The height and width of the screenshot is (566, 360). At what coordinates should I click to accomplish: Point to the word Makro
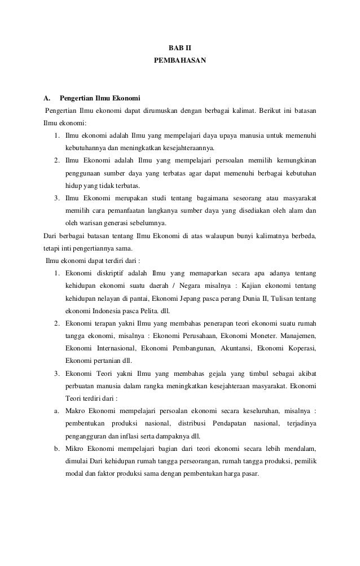(x=75, y=410)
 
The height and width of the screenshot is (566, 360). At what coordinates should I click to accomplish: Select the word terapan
(x=108, y=323)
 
